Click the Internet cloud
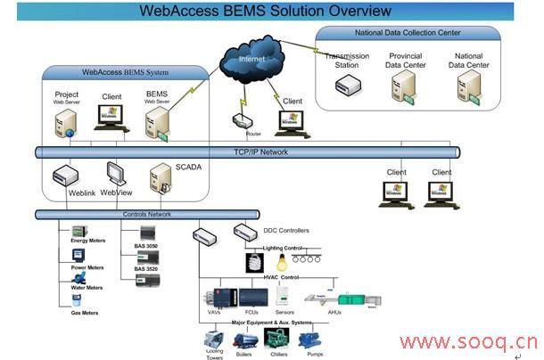[251, 62]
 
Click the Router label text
[241, 134]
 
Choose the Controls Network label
[146, 215]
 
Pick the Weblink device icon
[68, 174]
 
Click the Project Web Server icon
[67, 122]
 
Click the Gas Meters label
[85, 314]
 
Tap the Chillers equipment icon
[276, 339]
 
